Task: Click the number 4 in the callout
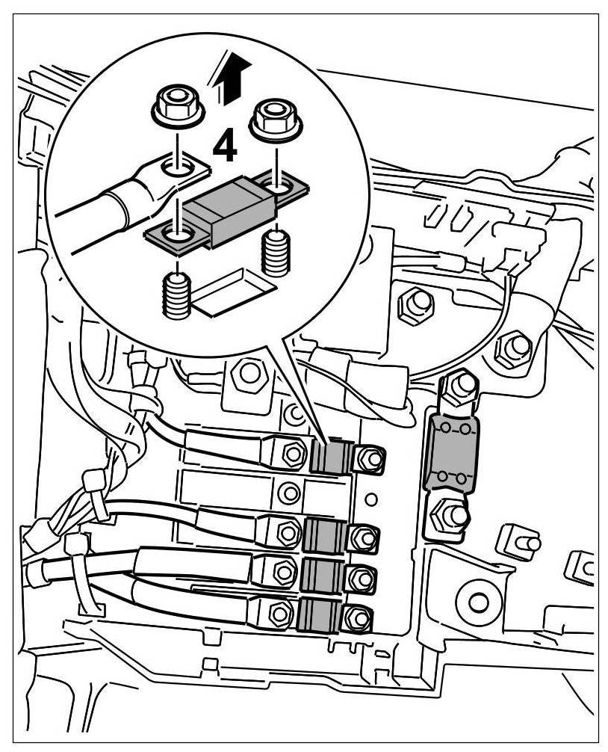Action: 224,146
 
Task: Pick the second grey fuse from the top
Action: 326,535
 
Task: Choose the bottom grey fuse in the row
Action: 317,617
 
